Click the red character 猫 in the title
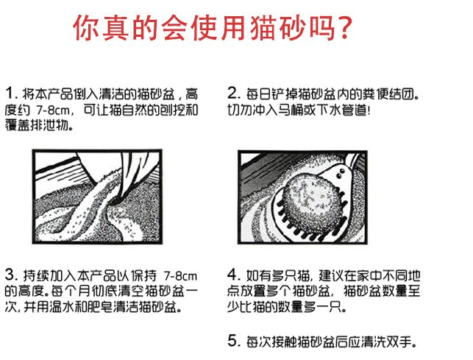point(263,28)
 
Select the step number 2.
point(234,93)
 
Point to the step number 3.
point(12,275)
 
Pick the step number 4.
point(234,275)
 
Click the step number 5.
point(234,342)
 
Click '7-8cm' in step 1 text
point(53,110)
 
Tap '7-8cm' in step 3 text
point(180,276)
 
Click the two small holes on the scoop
point(341,173)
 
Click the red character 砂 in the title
point(292,28)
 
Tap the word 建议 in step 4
point(331,275)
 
